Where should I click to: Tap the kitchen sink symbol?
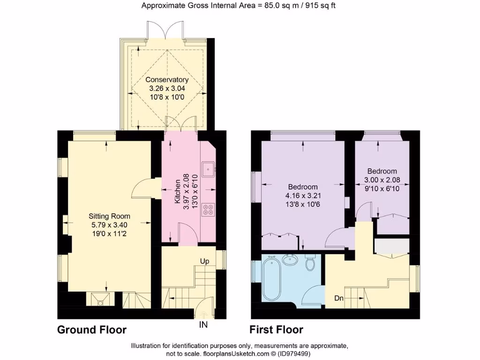208,166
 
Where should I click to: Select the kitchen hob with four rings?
208,209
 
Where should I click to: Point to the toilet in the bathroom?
310,263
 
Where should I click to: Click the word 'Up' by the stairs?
204,261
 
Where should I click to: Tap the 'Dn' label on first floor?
339,298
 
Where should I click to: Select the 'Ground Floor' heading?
92,330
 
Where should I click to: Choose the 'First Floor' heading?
276,330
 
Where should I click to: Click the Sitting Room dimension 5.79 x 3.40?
109,225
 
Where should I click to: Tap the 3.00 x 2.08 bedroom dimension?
382,180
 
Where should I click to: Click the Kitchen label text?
177,191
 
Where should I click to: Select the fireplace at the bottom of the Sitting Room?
100,299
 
